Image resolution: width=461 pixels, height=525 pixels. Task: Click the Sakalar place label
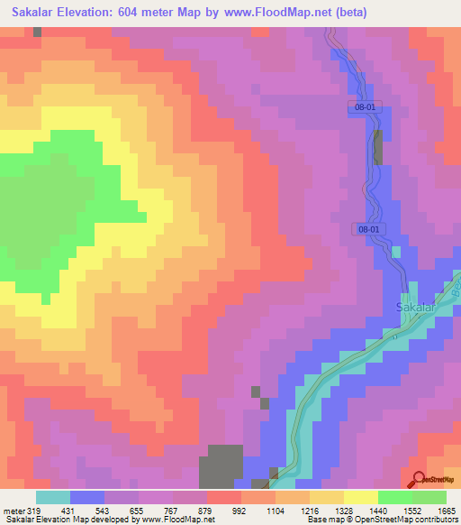coord(416,308)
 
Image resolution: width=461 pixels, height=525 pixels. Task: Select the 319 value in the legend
coord(35,511)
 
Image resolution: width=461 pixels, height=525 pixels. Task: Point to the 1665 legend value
coord(447,511)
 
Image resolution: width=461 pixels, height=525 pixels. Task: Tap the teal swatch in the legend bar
coord(52,497)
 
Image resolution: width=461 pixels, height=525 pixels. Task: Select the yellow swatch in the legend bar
coord(360,497)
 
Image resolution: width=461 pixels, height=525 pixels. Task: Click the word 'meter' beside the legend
coord(14,511)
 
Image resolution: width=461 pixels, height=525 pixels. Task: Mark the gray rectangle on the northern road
coord(377,147)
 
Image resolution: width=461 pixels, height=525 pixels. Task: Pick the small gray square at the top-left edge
coord(37,32)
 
